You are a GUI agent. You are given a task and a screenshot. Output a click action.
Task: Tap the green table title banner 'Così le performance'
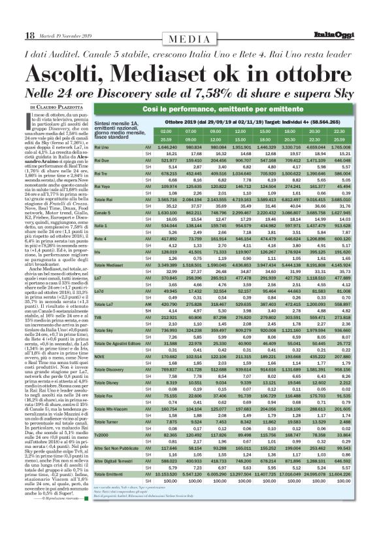(x=231, y=106)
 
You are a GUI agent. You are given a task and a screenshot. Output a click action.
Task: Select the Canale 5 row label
(x=104, y=232)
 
